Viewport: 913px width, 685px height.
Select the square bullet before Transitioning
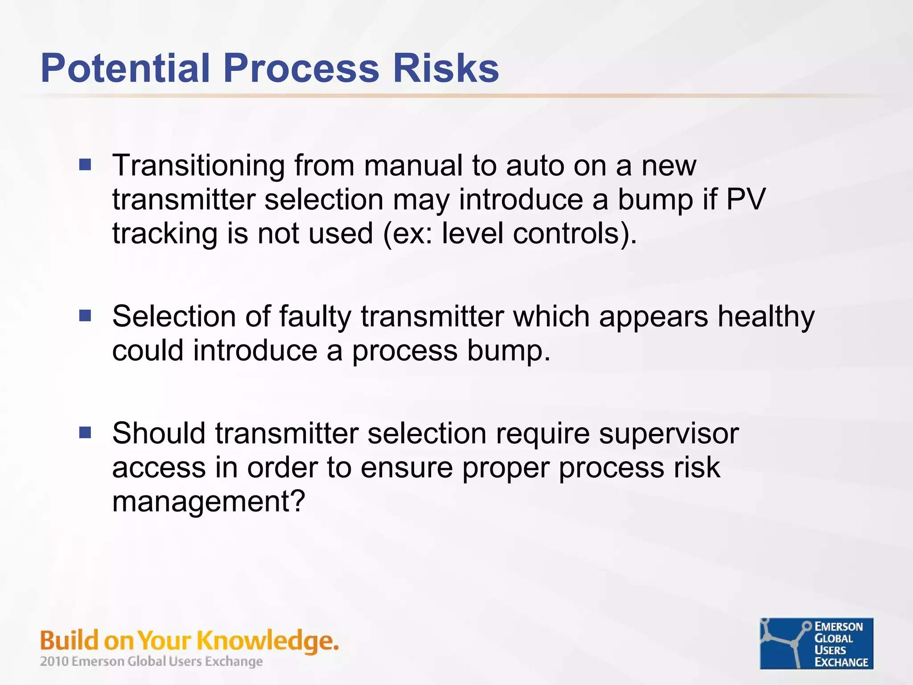point(85,165)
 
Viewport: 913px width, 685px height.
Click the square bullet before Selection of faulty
point(85,316)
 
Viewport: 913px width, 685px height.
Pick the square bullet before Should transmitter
point(85,433)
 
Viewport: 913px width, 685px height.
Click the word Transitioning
point(198,166)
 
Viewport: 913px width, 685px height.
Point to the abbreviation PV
point(746,199)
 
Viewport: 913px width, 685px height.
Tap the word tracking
point(165,234)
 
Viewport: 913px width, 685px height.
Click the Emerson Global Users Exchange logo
point(816,643)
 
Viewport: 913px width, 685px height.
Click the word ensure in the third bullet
point(406,468)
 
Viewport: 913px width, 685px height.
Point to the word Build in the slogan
point(69,640)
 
